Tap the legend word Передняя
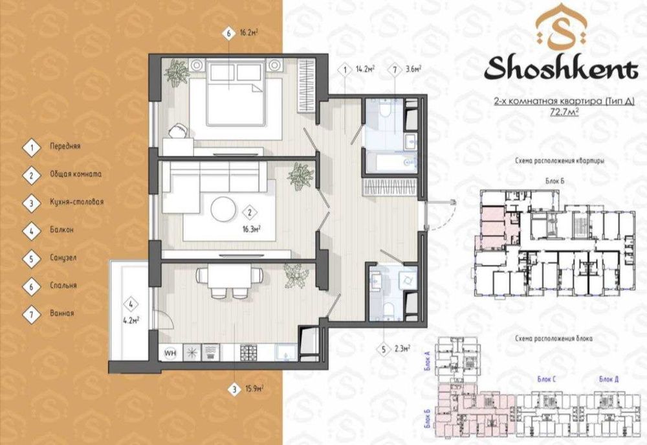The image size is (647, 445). click(65, 147)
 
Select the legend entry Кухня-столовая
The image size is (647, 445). click(76, 202)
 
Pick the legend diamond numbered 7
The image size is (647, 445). click(31, 313)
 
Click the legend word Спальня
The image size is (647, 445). click(63, 285)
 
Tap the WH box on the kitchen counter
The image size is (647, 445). click(171, 353)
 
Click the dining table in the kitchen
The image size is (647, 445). click(222, 277)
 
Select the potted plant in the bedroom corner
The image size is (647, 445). click(175, 71)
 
